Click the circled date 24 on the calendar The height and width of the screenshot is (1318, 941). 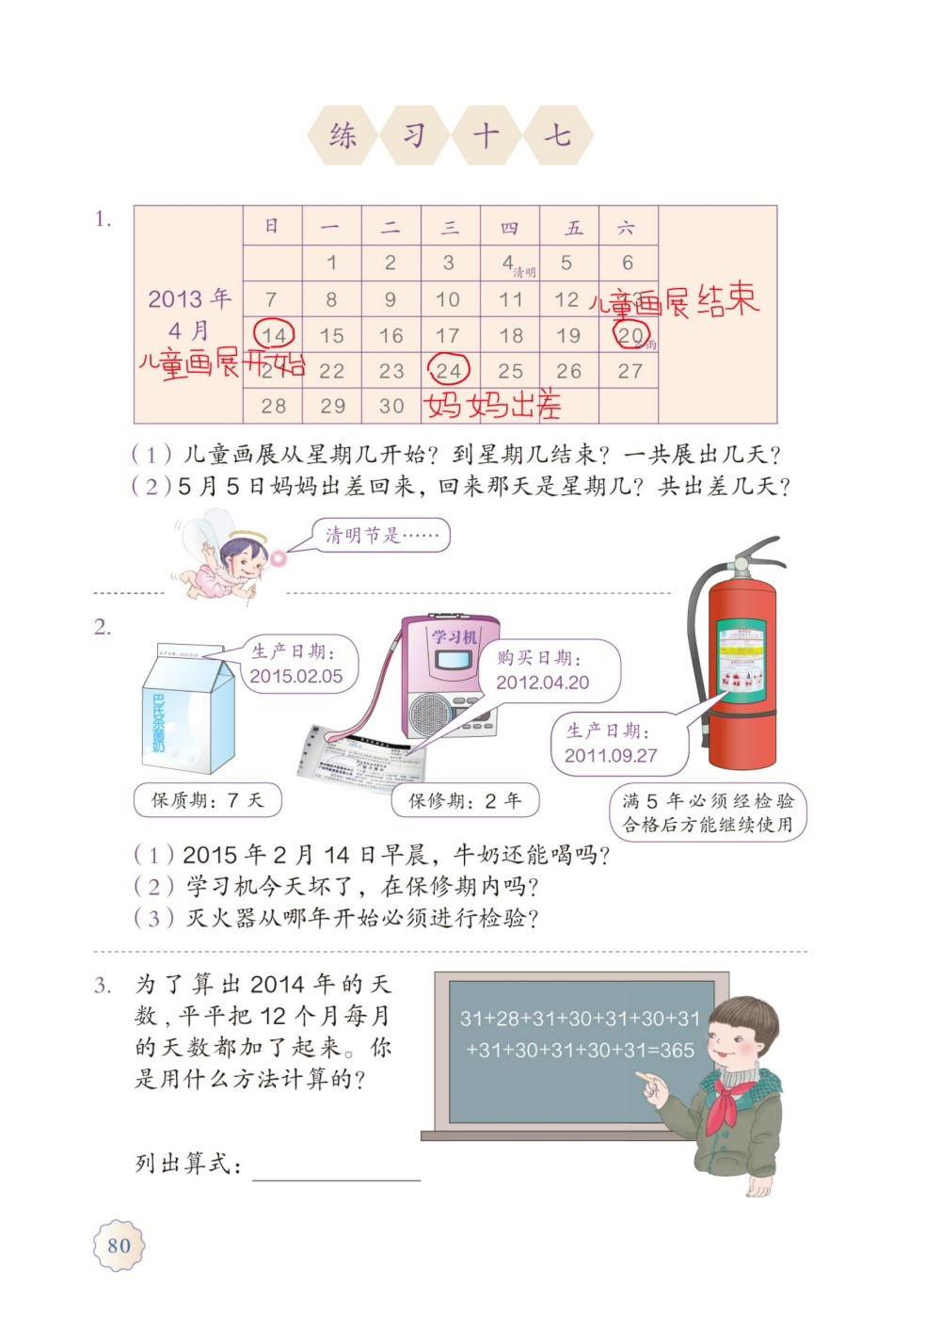[x=449, y=370]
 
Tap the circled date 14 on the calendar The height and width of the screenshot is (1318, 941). [x=275, y=335]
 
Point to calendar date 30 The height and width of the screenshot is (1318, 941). [x=391, y=407]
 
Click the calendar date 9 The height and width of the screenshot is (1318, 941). [x=391, y=300]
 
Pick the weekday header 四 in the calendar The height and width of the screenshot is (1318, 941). [x=509, y=228]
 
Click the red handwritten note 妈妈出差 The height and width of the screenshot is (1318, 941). [x=494, y=406]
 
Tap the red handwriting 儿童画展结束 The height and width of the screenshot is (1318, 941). [x=674, y=302]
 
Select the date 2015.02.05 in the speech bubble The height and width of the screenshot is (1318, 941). [x=296, y=676]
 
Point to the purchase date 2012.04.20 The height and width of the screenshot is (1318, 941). [x=543, y=683]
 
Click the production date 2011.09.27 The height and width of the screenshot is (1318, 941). [x=611, y=755]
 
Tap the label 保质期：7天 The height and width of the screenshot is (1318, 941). [x=208, y=801]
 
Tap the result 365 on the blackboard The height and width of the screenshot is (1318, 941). [x=677, y=1050]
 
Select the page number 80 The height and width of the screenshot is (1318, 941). [x=120, y=1246]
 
